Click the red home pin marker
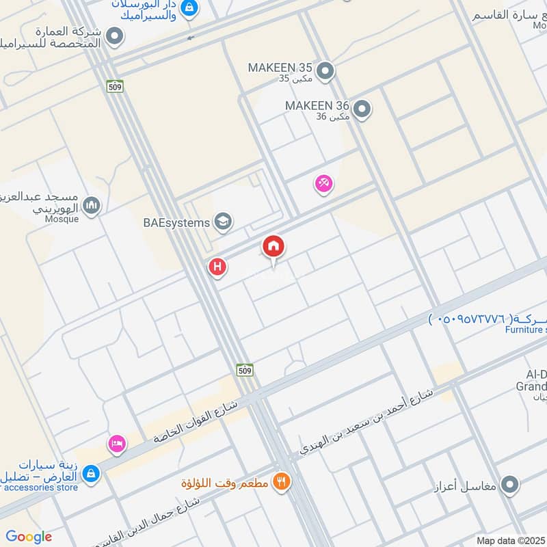(x=273, y=246)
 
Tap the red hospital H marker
(x=217, y=267)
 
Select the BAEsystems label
(x=176, y=222)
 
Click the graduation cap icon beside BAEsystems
(x=222, y=222)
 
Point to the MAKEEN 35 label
(x=280, y=68)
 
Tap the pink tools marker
(x=323, y=183)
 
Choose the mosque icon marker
(x=92, y=204)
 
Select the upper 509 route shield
(x=115, y=86)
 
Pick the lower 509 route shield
(x=245, y=370)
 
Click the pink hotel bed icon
(x=117, y=444)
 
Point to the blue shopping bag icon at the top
(x=191, y=9)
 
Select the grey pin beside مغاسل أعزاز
(x=509, y=486)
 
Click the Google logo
(x=29, y=537)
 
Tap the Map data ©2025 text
(x=509, y=540)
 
